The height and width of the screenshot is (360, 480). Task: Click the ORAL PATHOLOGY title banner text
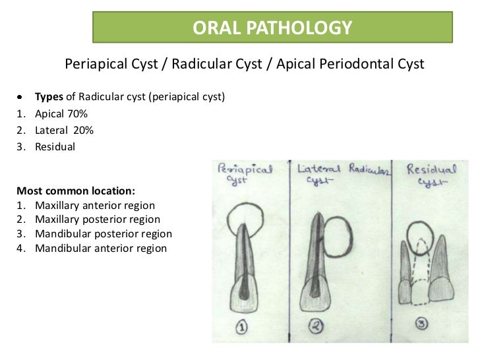click(x=272, y=28)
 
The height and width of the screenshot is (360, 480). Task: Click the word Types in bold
click(x=49, y=97)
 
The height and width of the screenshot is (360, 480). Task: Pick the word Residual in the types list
click(x=55, y=146)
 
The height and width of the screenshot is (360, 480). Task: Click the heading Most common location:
click(x=76, y=191)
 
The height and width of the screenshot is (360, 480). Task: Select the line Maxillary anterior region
click(x=95, y=205)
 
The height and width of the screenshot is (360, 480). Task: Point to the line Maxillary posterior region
click(x=98, y=220)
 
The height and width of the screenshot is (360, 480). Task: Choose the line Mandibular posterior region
click(x=104, y=234)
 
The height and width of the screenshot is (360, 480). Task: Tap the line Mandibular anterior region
click(x=101, y=249)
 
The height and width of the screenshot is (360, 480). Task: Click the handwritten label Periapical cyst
click(x=244, y=175)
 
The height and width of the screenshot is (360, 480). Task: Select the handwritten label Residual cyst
click(x=429, y=174)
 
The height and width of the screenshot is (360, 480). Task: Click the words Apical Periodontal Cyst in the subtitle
click(x=350, y=64)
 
